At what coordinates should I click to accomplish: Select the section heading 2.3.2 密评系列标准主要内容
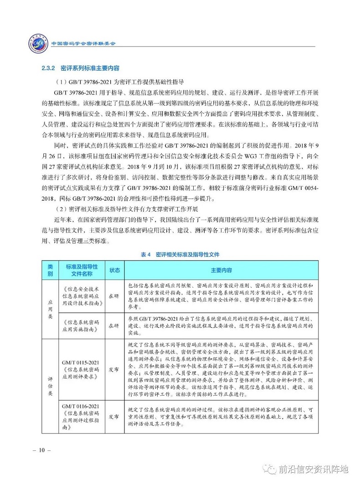[80, 68]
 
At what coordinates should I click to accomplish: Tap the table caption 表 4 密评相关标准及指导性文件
[180, 254]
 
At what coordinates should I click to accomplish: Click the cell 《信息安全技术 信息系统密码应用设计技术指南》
[82, 296]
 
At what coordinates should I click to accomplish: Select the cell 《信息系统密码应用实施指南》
[82, 325]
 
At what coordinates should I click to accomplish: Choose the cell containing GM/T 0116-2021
[82, 416]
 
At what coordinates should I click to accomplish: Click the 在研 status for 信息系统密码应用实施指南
[113, 325]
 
